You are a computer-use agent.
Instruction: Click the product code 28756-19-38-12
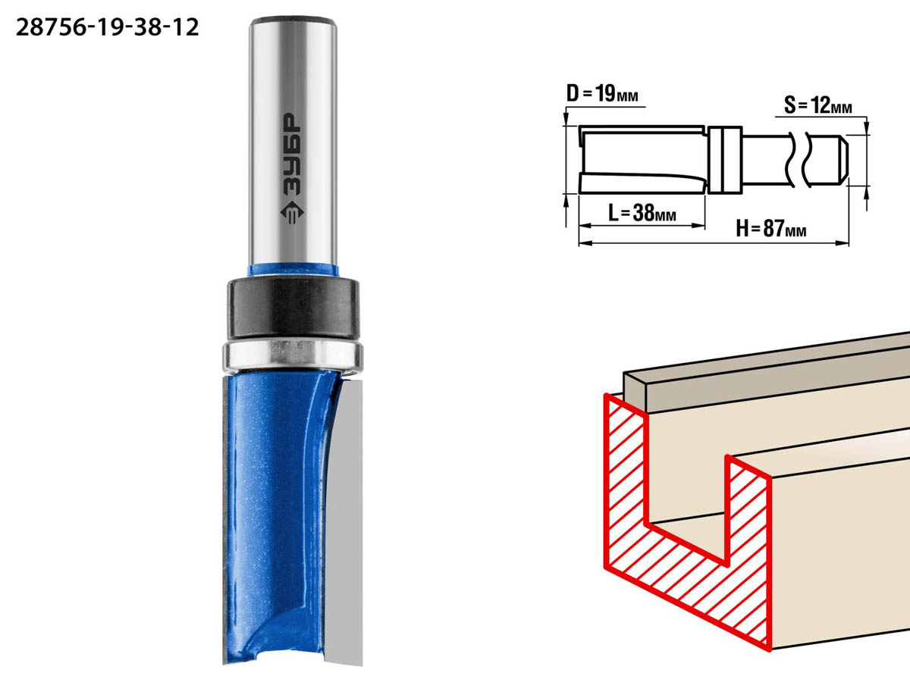tap(108, 28)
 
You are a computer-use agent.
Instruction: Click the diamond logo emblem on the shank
tap(292, 212)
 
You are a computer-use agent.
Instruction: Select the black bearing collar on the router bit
tap(293, 308)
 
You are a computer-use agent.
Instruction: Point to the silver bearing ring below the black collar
tap(293, 355)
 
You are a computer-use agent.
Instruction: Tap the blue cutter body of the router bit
tap(274, 518)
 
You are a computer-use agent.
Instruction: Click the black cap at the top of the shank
tap(293, 21)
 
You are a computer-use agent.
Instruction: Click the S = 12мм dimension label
tap(818, 105)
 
